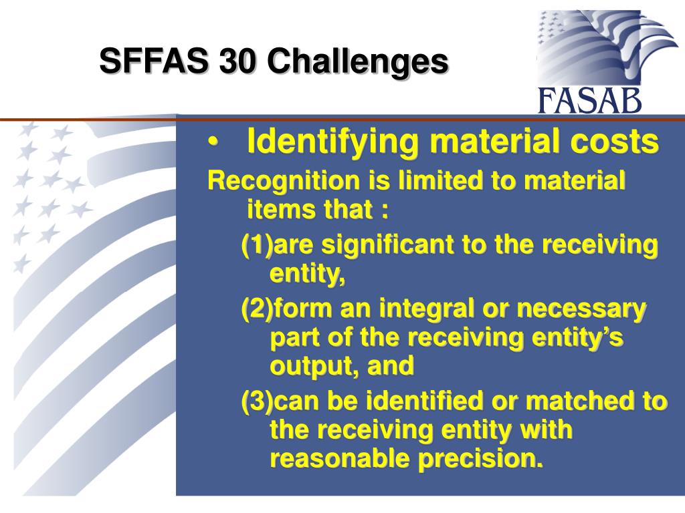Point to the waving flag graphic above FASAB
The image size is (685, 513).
point(605,47)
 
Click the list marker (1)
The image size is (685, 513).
point(257,245)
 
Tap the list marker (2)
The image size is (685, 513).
point(257,309)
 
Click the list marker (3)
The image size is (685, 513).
point(257,401)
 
